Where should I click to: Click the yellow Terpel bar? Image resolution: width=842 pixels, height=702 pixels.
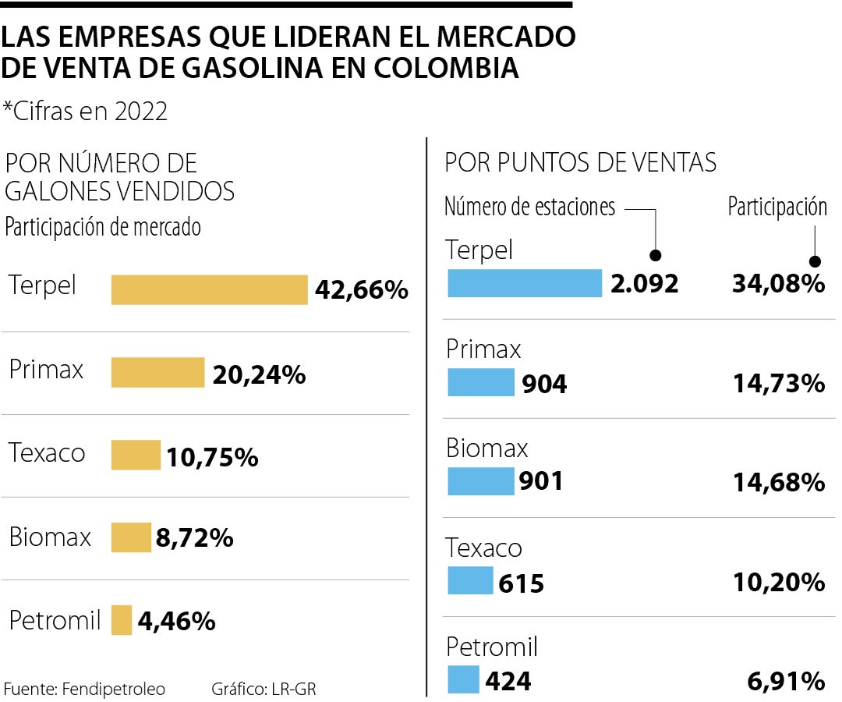coord(209,289)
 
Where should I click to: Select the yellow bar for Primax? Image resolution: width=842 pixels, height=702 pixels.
coord(157,372)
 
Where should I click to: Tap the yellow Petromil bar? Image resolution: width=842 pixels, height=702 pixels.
coord(122,620)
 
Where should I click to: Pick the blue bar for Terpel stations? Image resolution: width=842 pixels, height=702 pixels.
coord(525,283)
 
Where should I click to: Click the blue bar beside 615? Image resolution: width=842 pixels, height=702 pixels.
coord(470,580)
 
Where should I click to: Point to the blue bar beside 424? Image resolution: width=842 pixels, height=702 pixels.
coord(463,679)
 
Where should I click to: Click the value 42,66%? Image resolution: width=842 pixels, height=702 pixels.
coord(362,290)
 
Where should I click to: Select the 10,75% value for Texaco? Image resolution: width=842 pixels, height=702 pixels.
coord(211,457)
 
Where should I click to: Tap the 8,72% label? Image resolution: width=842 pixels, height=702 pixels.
coord(194,537)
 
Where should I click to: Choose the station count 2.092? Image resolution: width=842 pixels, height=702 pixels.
coord(645,283)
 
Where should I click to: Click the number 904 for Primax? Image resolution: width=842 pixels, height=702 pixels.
coord(543,383)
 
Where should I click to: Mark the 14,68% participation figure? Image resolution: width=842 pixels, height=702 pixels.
coord(778,482)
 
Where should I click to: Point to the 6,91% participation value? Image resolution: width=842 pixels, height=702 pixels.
coord(785,681)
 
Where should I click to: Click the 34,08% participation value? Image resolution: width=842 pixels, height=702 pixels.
coord(778,283)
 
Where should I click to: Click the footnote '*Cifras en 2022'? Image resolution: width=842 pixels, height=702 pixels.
coord(85,112)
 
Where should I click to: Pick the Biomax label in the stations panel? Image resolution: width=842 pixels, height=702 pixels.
coord(487,448)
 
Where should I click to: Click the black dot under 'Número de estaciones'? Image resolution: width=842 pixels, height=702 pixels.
coord(656,255)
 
